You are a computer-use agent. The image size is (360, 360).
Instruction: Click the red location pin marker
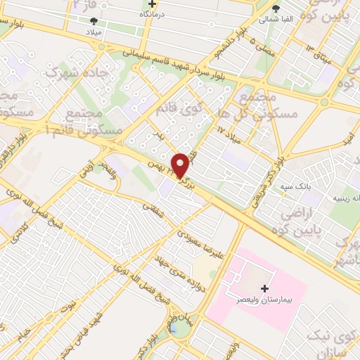[x=181, y=165]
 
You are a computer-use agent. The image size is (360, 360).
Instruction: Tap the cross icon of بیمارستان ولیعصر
[x=265, y=288]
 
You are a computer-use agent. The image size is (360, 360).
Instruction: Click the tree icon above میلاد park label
[x=104, y=21]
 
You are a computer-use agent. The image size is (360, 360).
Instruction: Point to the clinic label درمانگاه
[x=152, y=13]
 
